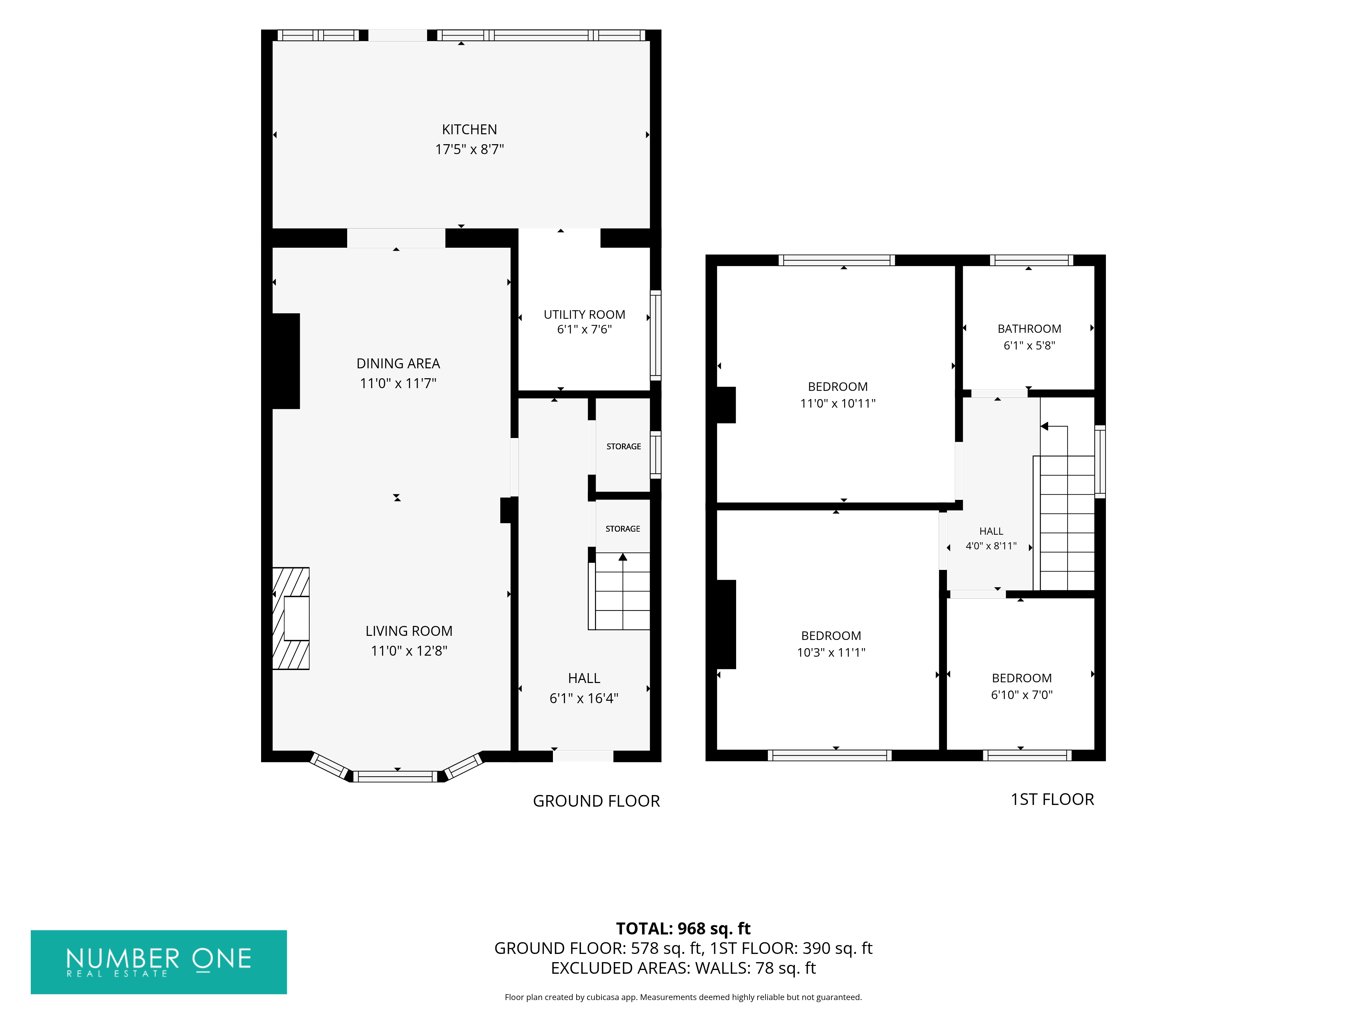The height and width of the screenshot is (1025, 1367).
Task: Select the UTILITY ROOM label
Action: (x=584, y=314)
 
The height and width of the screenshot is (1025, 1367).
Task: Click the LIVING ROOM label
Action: (x=408, y=631)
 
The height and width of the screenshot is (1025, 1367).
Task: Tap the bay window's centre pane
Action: (x=395, y=777)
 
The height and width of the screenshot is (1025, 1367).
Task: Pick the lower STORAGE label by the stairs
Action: (x=622, y=529)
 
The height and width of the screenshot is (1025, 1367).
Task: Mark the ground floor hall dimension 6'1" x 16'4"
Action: (x=583, y=698)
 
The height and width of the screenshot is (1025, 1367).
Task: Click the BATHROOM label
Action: (x=1029, y=329)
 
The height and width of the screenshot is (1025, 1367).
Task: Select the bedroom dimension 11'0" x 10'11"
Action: (x=837, y=404)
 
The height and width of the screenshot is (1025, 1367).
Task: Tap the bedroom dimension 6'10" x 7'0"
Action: (x=1021, y=695)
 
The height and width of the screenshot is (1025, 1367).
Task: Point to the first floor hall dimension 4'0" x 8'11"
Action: (x=991, y=546)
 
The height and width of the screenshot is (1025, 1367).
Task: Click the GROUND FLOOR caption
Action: (x=596, y=801)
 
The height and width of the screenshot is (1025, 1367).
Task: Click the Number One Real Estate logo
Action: (x=159, y=962)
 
